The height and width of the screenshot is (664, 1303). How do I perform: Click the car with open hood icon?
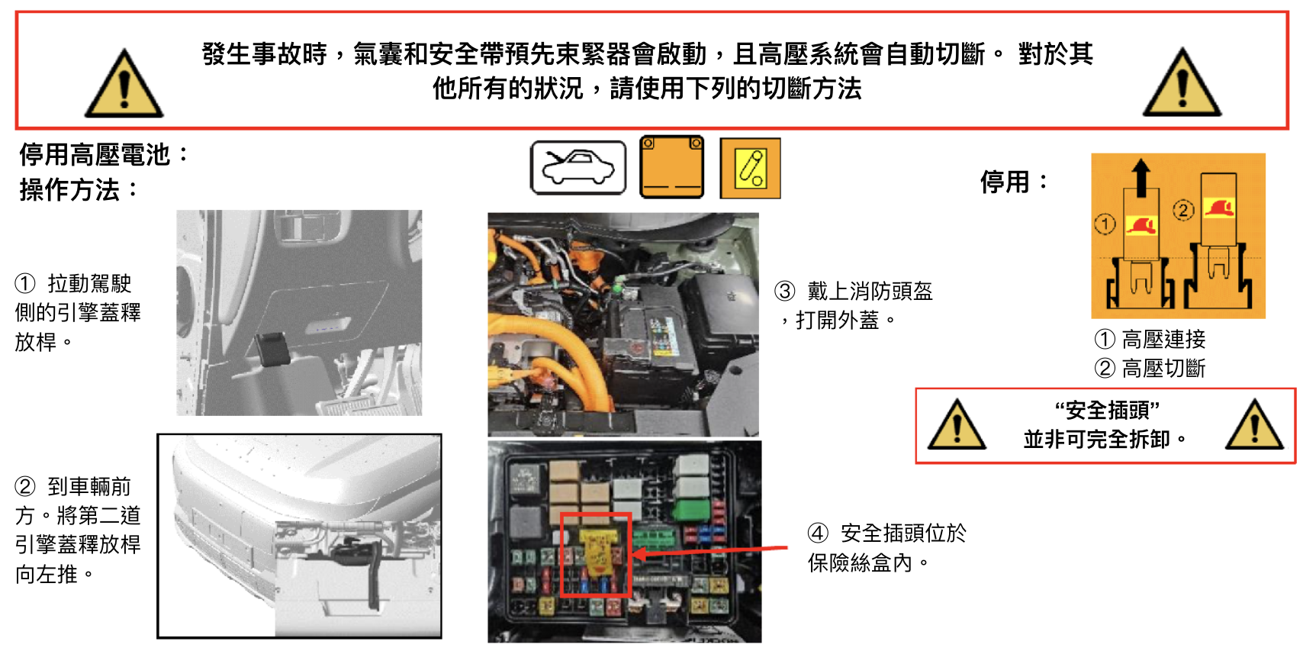click(x=578, y=168)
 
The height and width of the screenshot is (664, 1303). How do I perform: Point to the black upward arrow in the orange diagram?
click(x=1141, y=178)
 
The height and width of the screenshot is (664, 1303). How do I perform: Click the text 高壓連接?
click(x=1163, y=339)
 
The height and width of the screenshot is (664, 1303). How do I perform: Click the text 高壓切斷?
click(x=1163, y=369)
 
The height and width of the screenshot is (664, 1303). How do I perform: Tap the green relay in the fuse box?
click(x=690, y=508)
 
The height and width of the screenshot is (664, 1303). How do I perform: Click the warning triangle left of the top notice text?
click(x=124, y=84)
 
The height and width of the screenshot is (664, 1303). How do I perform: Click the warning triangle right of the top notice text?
click(x=1182, y=82)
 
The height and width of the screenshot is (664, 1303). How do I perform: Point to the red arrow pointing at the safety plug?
click(x=709, y=551)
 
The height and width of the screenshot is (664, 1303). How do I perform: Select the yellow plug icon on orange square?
click(x=751, y=169)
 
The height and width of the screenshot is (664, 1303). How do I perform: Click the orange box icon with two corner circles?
click(x=672, y=167)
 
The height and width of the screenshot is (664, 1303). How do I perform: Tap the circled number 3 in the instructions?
click(x=785, y=291)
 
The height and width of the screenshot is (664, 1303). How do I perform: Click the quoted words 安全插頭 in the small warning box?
click(x=1108, y=411)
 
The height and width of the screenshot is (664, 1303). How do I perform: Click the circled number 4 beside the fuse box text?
click(x=818, y=533)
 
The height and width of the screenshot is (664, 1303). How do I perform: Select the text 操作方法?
click(x=69, y=190)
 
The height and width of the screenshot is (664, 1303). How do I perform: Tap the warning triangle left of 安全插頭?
click(x=957, y=425)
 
